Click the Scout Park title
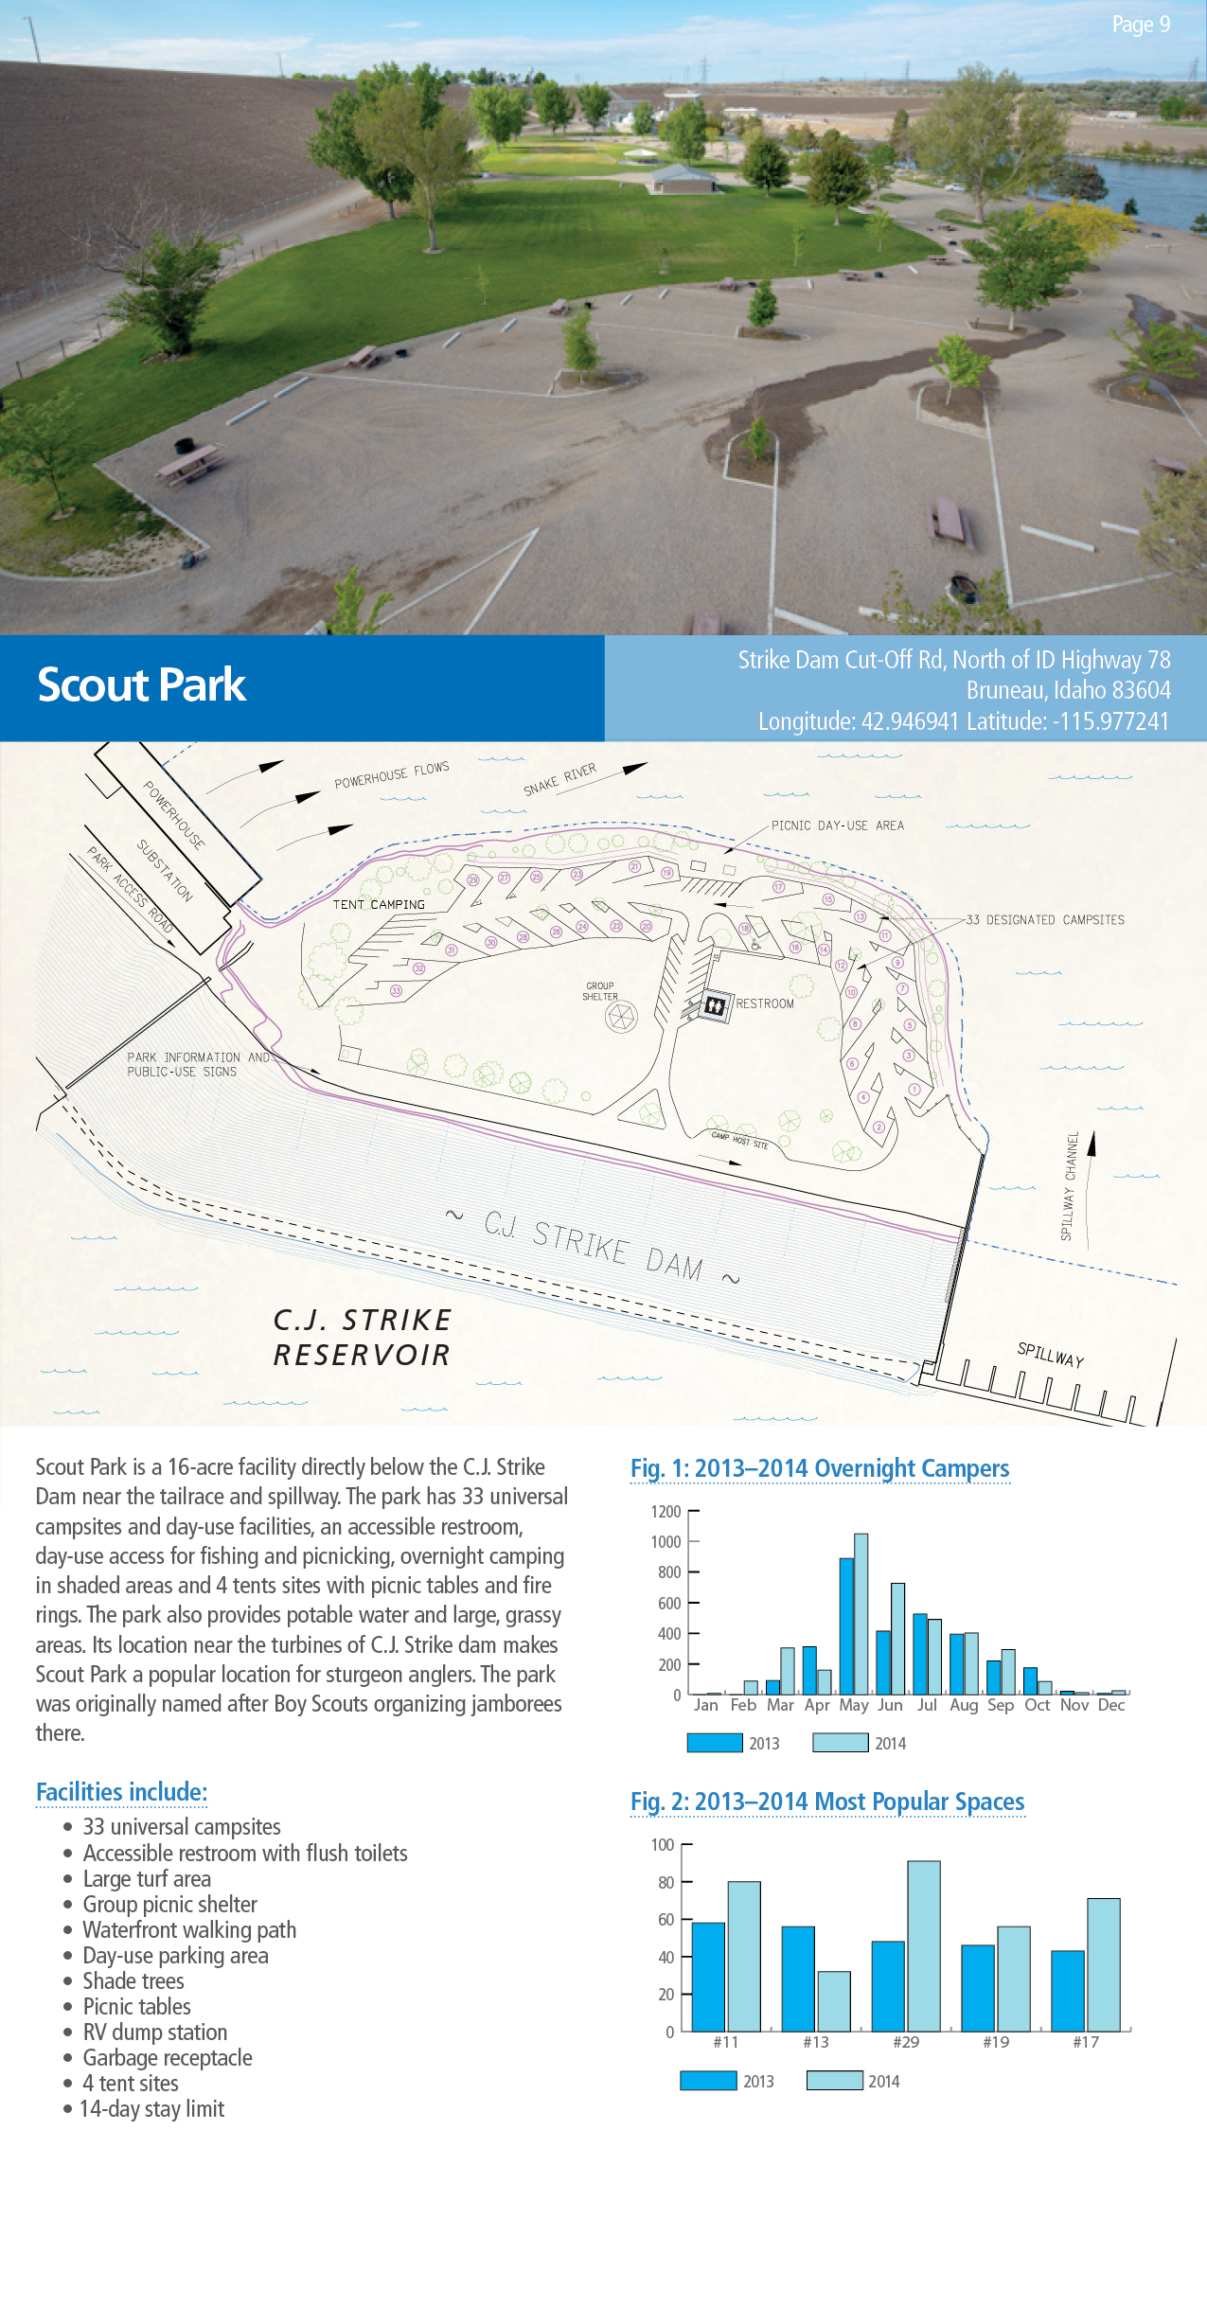[141, 685]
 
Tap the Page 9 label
[1140, 25]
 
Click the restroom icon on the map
[715, 1005]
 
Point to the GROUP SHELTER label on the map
[600, 991]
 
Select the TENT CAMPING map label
[379, 905]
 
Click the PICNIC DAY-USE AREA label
[837, 826]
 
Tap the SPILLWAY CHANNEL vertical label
[1069, 1185]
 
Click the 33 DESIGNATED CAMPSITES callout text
[1045, 920]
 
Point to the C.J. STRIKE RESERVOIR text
[363, 1337]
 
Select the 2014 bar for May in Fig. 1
[861, 1614]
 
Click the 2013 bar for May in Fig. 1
[846, 1626]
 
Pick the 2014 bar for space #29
[923, 1945]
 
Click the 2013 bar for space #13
[798, 1979]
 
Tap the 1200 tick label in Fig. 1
[666, 1512]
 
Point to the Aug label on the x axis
[964, 1705]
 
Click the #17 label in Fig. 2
[1085, 2042]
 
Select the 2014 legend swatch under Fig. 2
[834, 2081]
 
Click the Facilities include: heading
[121, 1792]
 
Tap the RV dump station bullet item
[155, 2033]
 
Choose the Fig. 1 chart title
[820, 1468]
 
